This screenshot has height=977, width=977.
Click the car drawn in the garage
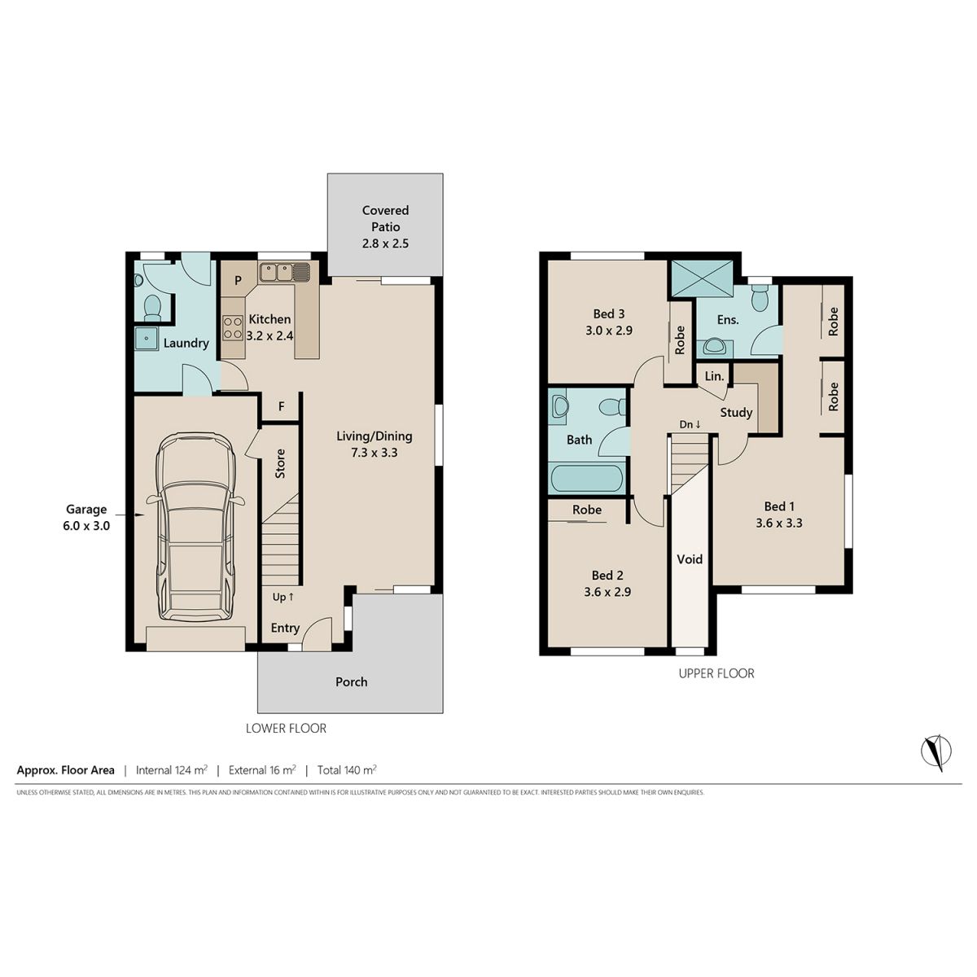tap(195, 527)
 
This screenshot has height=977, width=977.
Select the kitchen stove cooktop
tap(233, 327)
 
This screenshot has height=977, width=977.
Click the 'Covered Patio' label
tap(385, 218)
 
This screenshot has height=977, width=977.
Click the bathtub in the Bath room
tap(586, 478)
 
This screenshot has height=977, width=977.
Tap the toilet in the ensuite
tap(760, 298)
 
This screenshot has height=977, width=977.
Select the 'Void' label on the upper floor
tap(690, 559)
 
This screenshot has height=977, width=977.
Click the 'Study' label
tap(736, 413)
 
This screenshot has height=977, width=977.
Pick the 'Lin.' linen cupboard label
tap(714, 376)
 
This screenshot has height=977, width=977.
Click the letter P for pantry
tap(238, 280)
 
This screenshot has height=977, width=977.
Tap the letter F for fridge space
tap(281, 406)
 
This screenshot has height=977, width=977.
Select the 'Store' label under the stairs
tap(280, 463)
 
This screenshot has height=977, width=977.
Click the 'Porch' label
tap(352, 682)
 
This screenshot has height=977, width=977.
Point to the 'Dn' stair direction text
tap(690, 424)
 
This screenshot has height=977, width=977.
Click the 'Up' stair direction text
tap(283, 598)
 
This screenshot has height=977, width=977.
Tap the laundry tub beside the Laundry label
tap(147, 338)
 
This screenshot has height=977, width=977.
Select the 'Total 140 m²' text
tap(347, 769)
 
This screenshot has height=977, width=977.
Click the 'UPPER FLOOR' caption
tap(716, 673)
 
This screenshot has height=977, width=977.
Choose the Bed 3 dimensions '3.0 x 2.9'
tap(609, 331)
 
